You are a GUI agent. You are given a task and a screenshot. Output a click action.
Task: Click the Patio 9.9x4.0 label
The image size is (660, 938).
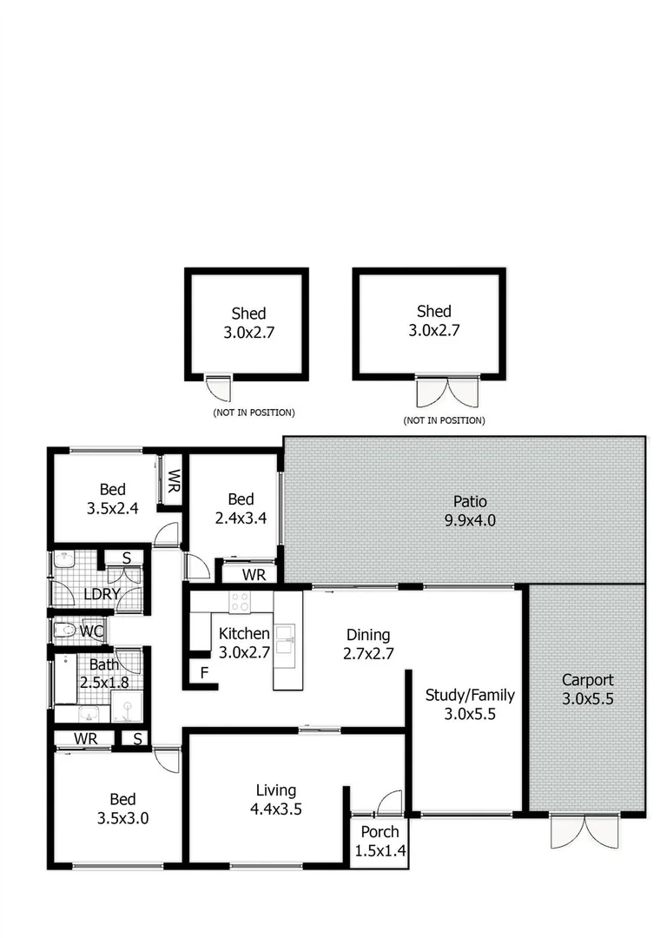[x=470, y=511]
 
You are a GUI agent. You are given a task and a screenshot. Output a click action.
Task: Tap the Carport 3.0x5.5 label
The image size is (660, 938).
[x=587, y=689]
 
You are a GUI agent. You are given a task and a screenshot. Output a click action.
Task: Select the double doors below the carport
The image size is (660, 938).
[x=586, y=831]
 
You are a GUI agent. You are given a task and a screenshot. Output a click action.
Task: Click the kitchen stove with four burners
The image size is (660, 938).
[x=239, y=601]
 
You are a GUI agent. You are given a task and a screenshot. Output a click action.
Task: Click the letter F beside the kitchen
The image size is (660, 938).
[x=204, y=671]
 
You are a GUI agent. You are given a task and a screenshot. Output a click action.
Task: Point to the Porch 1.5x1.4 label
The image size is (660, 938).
[x=380, y=842]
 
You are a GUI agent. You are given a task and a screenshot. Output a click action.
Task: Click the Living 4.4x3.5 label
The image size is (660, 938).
[x=276, y=799]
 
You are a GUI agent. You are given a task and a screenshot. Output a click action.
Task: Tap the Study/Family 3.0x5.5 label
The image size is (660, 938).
[x=470, y=703]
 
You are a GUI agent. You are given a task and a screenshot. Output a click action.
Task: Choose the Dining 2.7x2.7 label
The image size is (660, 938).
[x=368, y=644]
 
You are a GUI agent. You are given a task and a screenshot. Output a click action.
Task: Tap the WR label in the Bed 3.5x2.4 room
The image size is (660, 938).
[x=173, y=479]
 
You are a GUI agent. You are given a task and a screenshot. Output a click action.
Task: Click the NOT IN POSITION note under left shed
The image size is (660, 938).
[x=254, y=412]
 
